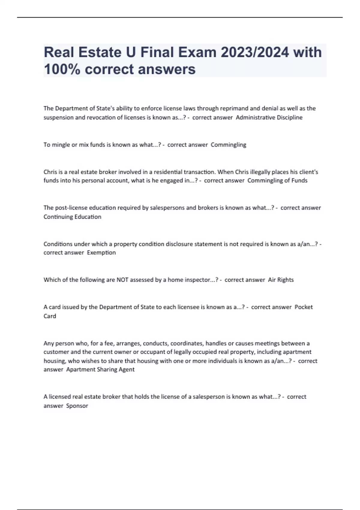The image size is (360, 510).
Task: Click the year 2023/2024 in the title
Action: [x=255, y=52]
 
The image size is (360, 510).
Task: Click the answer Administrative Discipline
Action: [x=269, y=118]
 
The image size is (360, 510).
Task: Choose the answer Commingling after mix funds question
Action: [x=228, y=145]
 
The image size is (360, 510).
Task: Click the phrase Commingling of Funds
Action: [x=277, y=181]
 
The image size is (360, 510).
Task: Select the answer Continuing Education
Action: [x=72, y=217]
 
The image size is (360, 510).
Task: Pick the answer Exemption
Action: [x=101, y=253]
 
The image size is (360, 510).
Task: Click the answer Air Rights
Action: [x=281, y=280]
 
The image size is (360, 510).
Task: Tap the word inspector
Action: [x=197, y=280]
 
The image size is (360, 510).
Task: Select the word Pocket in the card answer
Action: [x=304, y=307]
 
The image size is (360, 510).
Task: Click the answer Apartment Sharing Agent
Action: [x=100, y=370]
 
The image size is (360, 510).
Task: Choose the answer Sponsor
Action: [x=77, y=406]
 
